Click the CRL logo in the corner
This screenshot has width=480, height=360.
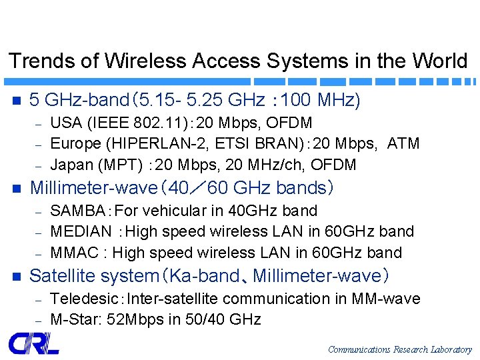pos(33,343)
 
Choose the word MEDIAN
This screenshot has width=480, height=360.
pos(81,231)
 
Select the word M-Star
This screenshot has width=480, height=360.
pos(72,319)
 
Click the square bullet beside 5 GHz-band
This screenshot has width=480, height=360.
pos(17,101)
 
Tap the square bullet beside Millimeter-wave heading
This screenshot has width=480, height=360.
pos(17,189)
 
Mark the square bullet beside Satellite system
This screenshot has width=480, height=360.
pos(17,276)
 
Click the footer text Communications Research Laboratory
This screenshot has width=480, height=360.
pos(399,349)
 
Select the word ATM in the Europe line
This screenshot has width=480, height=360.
pos(403,144)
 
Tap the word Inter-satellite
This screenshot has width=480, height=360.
pos(173,299)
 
